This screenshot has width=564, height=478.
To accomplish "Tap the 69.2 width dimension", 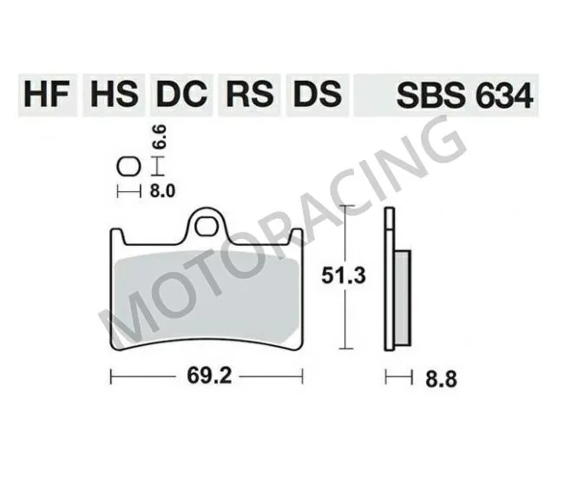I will point(207,378).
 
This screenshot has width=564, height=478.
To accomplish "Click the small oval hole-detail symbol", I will point(127,165).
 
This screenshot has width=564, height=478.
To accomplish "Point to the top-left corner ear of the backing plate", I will point(116,235).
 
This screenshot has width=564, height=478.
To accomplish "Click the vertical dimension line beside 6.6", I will point(156,165).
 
